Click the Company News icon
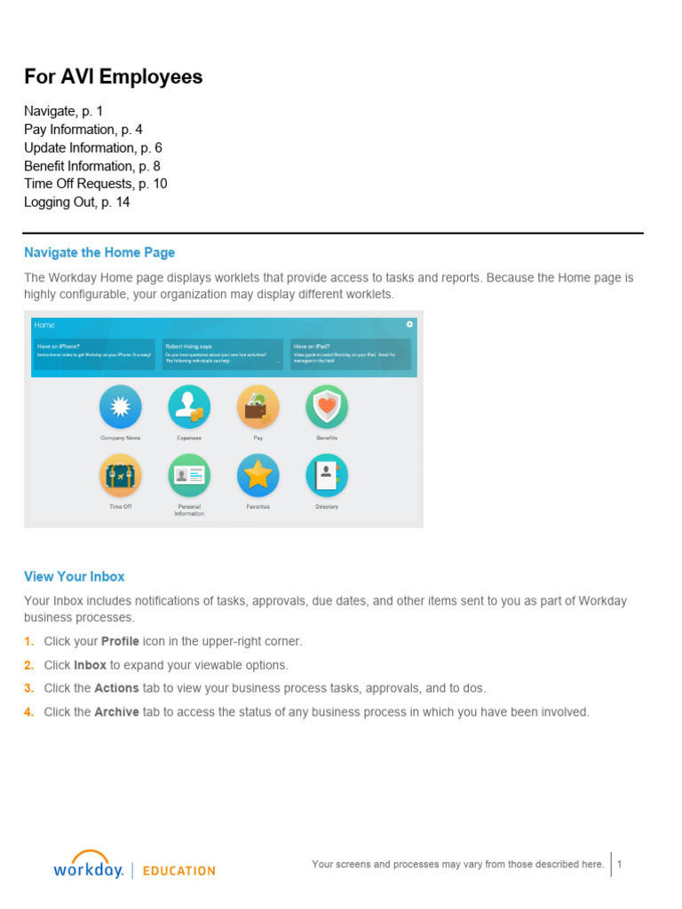(120, 407)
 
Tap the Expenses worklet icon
(189, 407)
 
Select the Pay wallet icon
(258, 407)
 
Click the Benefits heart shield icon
(327, 407)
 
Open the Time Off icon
(120, 476)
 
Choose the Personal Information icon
(189, 476)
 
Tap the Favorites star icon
(258, 476)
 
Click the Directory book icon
(327, 476)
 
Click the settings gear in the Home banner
(409, 324)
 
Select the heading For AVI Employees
(113, 77)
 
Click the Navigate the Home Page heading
(99, 253)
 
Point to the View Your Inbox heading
(75, 576)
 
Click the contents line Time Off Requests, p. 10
(95, 184)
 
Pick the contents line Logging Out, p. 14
(76, 202)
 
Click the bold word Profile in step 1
(120, 641)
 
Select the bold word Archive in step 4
(116, 712)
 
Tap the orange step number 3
(28, 688)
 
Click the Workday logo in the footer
(88, 866)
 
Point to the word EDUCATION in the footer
(178, 871)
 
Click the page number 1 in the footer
(620, 864)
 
